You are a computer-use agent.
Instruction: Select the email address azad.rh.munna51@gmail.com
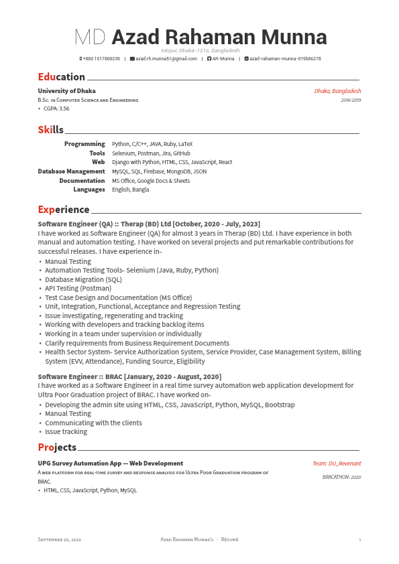click(x=166, y=59)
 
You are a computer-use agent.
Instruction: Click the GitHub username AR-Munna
click(x=223, y=59)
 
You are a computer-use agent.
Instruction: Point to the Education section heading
click(x=61, y=77)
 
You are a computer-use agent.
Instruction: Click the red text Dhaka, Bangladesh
click(x=337, y=91)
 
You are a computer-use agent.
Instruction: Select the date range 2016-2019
click(x=351, y=100)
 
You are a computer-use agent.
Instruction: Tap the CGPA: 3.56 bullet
click(x=56, y=109)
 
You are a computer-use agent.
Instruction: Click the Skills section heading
click(x=50, y=130)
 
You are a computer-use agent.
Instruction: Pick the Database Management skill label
click(x=71, y=171)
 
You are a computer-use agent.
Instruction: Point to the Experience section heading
click(x=63, y=210)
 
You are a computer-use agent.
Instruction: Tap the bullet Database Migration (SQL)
click(x=83, y=279)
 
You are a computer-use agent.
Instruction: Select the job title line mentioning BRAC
click(x=129, y=377)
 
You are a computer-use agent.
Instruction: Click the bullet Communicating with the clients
click(x=93, y=423)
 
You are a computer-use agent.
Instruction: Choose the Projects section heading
click(x=57, y=447)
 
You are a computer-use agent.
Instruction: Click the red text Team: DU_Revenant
click(x=337, y=464)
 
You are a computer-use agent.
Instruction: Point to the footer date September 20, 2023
click(x=59, y=539)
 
